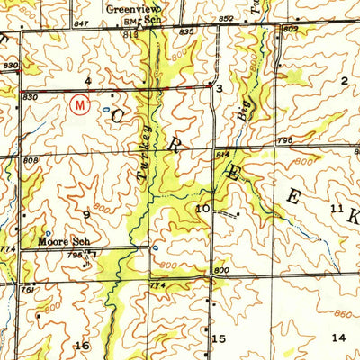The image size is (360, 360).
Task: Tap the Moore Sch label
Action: (60, 242)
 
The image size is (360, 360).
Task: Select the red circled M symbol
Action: (80, 104)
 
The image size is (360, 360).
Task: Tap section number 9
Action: (87, 214)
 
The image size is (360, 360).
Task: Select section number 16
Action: (83, 346)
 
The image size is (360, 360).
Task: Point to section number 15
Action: (219, 338)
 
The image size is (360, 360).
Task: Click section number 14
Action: (338, 337)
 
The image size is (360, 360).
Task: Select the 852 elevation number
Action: (225, 19)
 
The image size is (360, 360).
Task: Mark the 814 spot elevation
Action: (221, 154)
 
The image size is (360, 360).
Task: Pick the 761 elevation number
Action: (29, 291)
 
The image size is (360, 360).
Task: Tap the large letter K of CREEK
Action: (352, 219)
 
